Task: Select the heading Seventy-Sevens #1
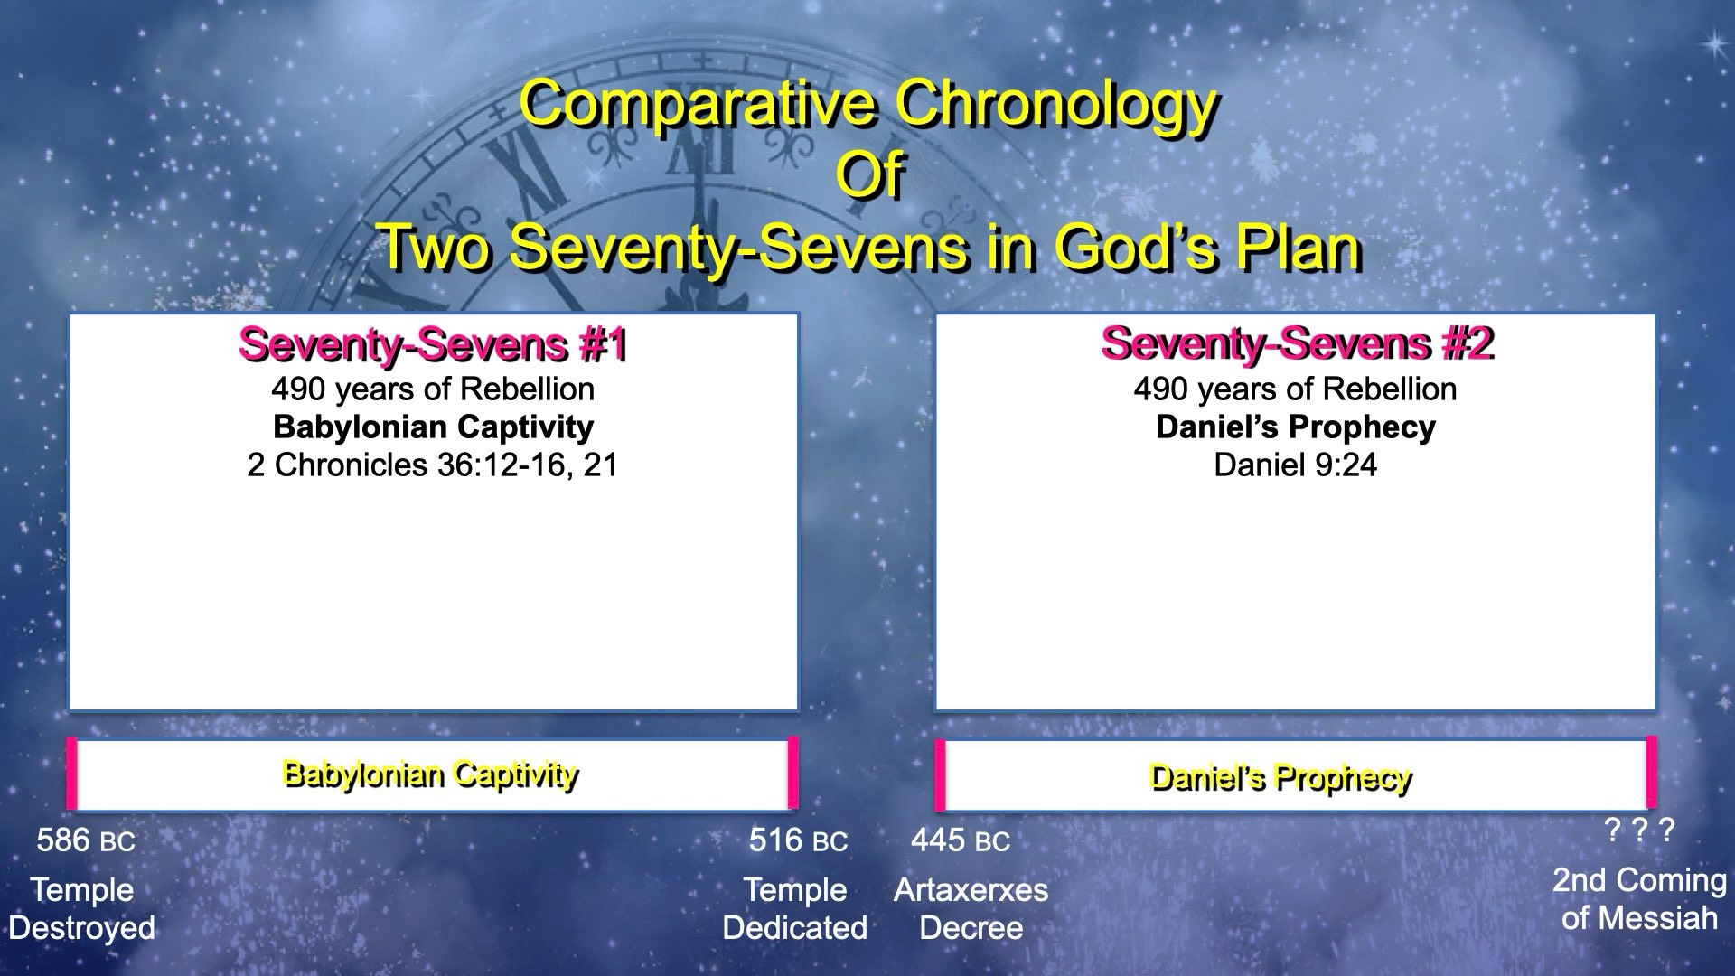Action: (x=433, y=345)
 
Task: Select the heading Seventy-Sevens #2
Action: (x=1297, y=343)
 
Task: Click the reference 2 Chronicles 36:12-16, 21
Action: (x=433, y=465)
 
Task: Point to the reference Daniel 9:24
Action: (x=1295, y=465)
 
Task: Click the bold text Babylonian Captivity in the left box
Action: (x=433, y=427)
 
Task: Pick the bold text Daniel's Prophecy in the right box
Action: (x=1295, y=427)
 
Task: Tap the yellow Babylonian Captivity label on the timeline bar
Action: (x=430, y=775)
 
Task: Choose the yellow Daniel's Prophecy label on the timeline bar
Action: (x=1280, y=778)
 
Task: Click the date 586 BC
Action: (x=86, y=840)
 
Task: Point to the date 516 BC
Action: (x=798, y=840)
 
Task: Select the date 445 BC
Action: (x=960, y=840)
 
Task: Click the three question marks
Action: (x=1639, y=830)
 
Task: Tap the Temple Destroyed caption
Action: (x=82, y=909)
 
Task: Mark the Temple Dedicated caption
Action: (x=795, y=909)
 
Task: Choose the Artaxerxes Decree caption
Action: (x=971, y=909)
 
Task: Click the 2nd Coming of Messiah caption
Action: (x=1639, y=899)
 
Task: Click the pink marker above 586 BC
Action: (x=72, y=774)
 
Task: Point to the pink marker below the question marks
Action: (x=1651, y=772)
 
